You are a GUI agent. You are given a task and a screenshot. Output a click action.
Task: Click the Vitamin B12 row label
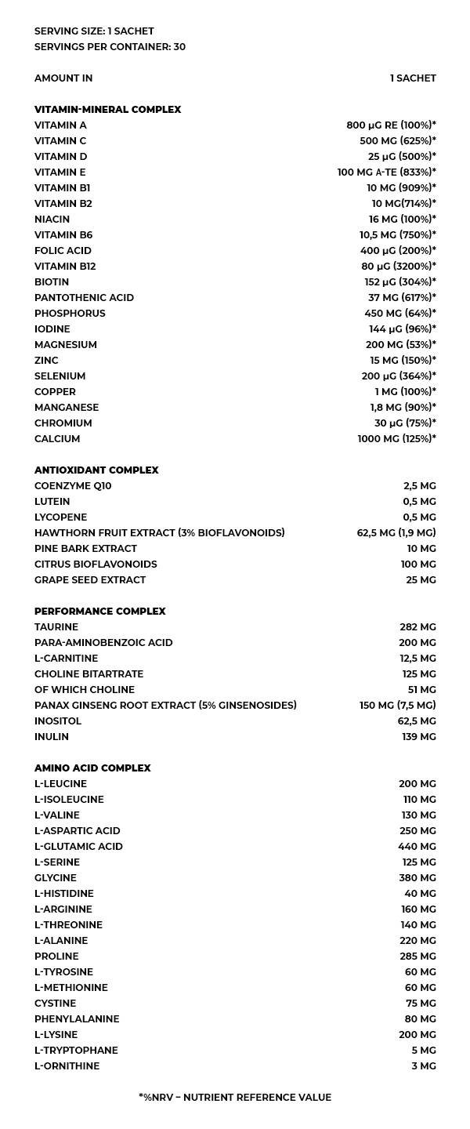[65, 267]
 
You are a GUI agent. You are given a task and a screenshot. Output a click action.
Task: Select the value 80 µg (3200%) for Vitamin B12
[399, 267]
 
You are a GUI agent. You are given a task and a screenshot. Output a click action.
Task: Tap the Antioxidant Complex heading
[96, 470]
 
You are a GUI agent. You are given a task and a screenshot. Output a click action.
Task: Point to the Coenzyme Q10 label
[73, 486]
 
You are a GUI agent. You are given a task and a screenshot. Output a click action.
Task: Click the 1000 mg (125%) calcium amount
[397, 439]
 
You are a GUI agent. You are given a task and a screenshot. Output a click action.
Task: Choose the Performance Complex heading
[99, 612]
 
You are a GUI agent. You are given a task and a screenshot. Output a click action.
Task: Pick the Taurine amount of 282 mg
[418, 627]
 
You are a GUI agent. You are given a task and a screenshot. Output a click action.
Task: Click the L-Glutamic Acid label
[78, 847]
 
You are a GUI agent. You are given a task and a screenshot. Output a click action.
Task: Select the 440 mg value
[417, 847]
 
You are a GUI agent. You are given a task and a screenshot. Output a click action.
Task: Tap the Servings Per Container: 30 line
[110, 47]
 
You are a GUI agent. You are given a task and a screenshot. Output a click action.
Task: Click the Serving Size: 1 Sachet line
[94, 31]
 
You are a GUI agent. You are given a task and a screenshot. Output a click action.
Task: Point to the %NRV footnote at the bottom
[235, 1098]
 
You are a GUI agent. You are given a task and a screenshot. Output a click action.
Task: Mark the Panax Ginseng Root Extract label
[165, 706]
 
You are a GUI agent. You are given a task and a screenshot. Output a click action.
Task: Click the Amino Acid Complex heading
[92, 768]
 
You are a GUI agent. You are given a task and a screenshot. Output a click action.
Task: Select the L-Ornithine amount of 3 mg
[423, 1066]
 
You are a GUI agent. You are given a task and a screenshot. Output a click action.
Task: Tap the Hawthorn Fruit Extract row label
[159, 533]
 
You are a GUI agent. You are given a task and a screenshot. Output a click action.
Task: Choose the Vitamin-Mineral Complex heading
[107, 110]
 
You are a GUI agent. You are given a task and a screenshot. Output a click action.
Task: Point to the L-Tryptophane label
[76, 1051]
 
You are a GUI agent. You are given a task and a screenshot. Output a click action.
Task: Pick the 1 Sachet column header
[413, 78]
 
